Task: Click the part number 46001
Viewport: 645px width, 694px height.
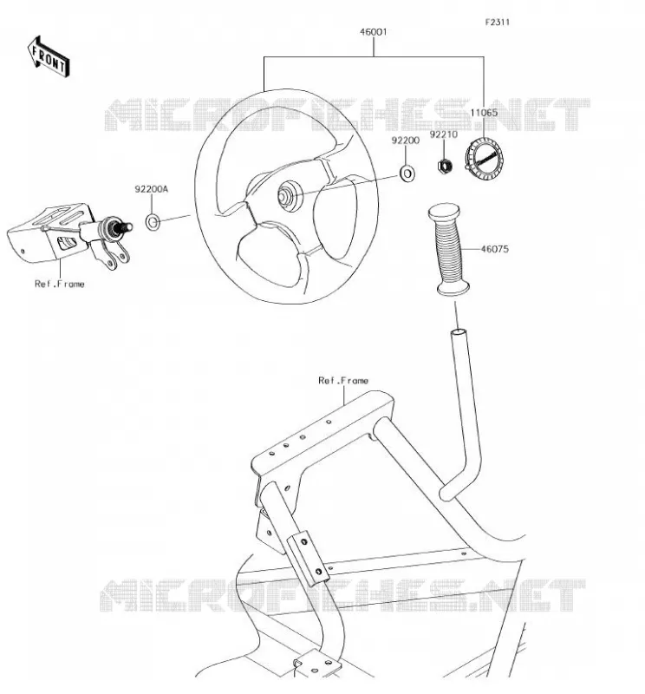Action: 374,32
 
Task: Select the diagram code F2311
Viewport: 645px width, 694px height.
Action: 498,23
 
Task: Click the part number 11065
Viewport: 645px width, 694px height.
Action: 484,113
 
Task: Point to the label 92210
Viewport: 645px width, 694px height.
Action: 443,134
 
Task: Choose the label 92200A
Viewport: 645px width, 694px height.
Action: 152,189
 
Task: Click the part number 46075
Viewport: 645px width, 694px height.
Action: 495,249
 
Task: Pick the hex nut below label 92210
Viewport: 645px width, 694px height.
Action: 445,166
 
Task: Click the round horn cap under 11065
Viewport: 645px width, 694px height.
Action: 484,159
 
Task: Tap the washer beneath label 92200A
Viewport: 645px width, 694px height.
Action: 153,222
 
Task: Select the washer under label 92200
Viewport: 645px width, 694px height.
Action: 407,173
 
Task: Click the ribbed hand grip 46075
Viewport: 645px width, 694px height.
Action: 447,249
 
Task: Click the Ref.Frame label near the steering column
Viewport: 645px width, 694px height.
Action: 59,284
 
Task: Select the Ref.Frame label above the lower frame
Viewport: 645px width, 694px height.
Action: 342,380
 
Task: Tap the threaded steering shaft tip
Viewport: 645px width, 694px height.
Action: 126,226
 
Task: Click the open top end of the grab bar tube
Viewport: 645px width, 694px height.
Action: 458,332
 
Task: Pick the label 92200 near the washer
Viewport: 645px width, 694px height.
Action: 405,141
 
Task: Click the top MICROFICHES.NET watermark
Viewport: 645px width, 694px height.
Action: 347,115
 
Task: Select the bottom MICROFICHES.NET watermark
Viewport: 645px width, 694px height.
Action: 342,595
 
